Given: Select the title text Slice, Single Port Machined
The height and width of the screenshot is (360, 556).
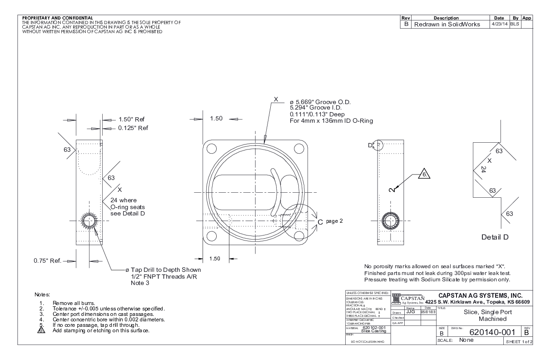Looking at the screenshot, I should coord(482,316).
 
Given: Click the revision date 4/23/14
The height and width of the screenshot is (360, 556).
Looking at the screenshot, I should coord(499,25).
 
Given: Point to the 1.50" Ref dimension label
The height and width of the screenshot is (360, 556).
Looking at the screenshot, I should coord(131,120).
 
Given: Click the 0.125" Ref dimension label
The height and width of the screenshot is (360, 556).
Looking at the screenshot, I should coord(133,128).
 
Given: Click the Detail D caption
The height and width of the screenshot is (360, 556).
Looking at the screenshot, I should coord(498,237).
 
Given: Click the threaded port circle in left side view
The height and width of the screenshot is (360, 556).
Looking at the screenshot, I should coord(89,221).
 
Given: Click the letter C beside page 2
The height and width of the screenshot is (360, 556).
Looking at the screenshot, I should coord(320,222).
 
